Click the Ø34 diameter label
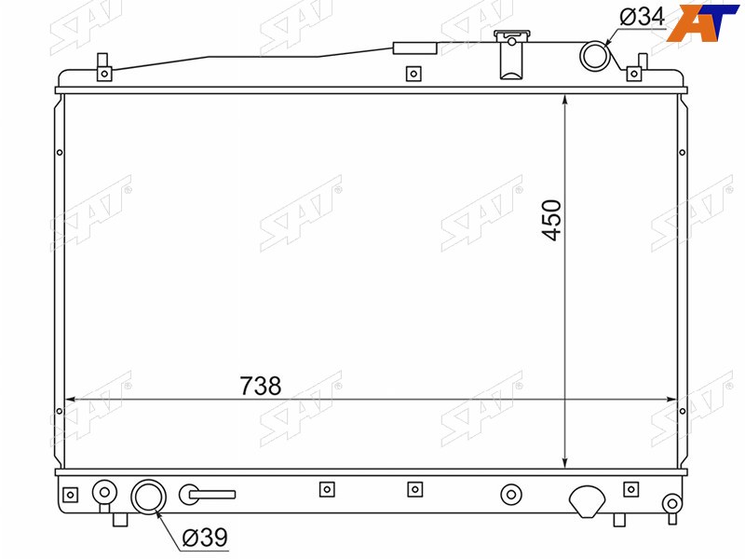tap(642, 17)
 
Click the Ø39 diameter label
tap(205, 538)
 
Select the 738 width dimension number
tap(261, 386)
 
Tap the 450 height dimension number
tap(551, 220)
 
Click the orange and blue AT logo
tap(702, 22)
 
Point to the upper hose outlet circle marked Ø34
tap(594, 56)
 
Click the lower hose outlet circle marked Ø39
tap(148, 497)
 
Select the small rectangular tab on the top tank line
tap(414, 48)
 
